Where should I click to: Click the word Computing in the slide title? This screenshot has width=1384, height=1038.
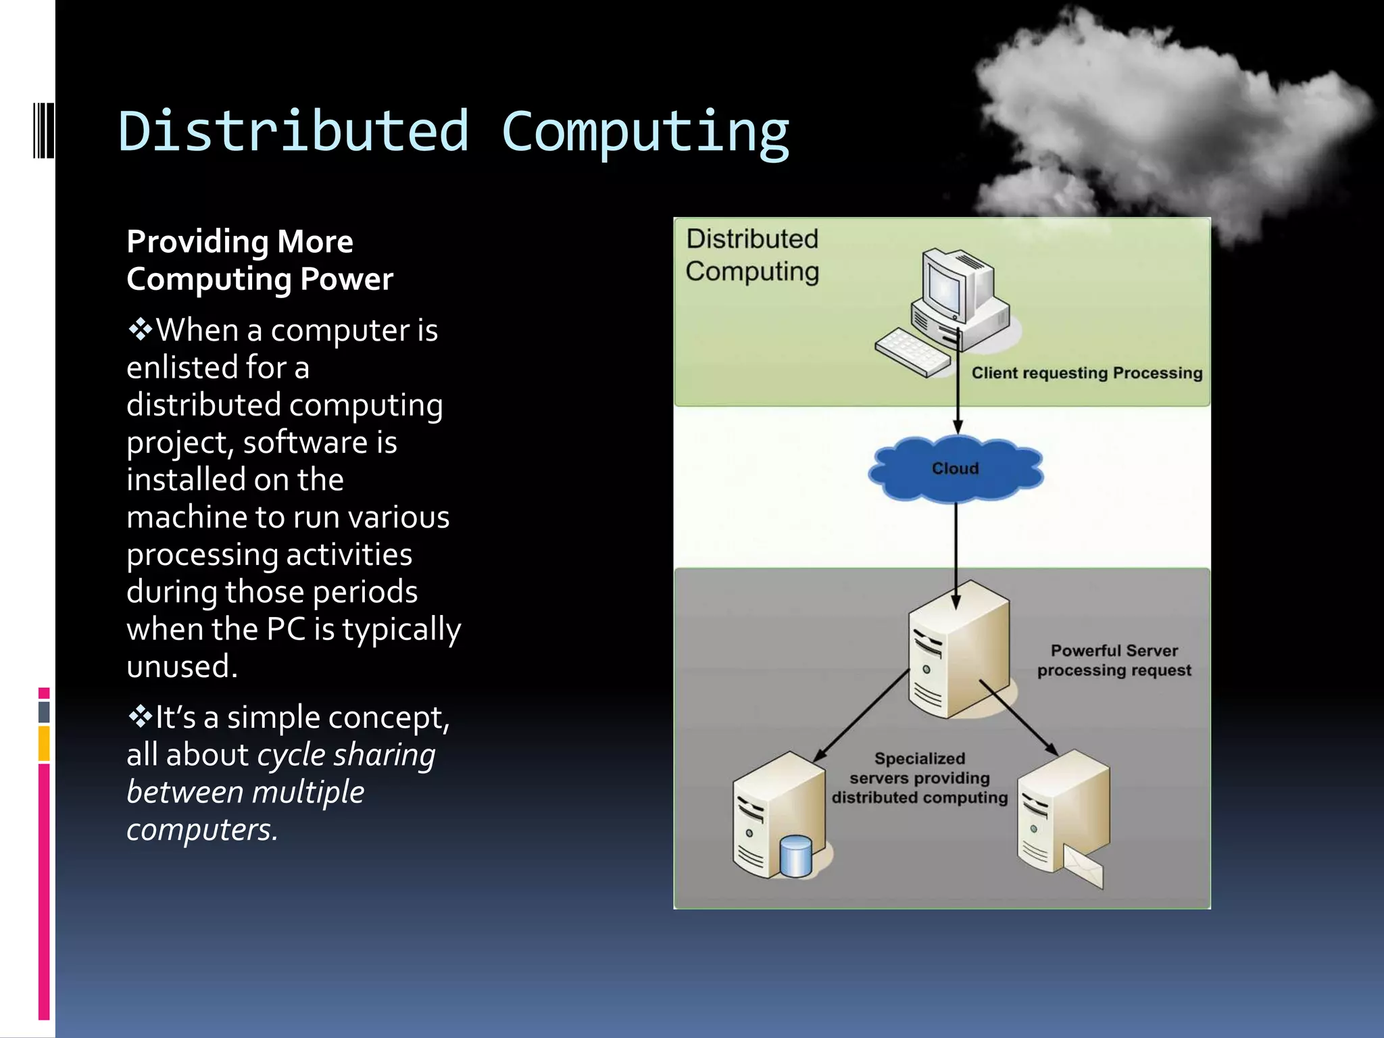coord(645,132)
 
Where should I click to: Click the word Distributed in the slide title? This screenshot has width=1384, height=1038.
coord(294,131)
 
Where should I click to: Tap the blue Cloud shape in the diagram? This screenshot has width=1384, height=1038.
coord(955,469)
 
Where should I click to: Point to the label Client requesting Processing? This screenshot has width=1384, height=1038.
coord(1087,373)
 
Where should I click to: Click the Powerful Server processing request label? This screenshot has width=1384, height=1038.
coord(1114,660)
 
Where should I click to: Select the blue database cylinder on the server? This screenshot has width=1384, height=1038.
coord(795,856)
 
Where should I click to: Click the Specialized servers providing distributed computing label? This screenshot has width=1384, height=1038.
coord(919,778)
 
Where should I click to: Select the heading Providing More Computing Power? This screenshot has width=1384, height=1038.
coord(259,260)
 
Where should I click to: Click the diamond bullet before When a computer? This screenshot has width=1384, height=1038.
coord(140,330)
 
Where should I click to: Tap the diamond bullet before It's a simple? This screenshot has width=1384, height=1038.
coord(140,716)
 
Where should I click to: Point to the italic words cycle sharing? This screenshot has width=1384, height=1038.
coord(346,754)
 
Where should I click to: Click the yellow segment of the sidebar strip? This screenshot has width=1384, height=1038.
coord(44,743)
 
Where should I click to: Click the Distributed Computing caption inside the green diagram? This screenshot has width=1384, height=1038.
coord(752,255)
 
